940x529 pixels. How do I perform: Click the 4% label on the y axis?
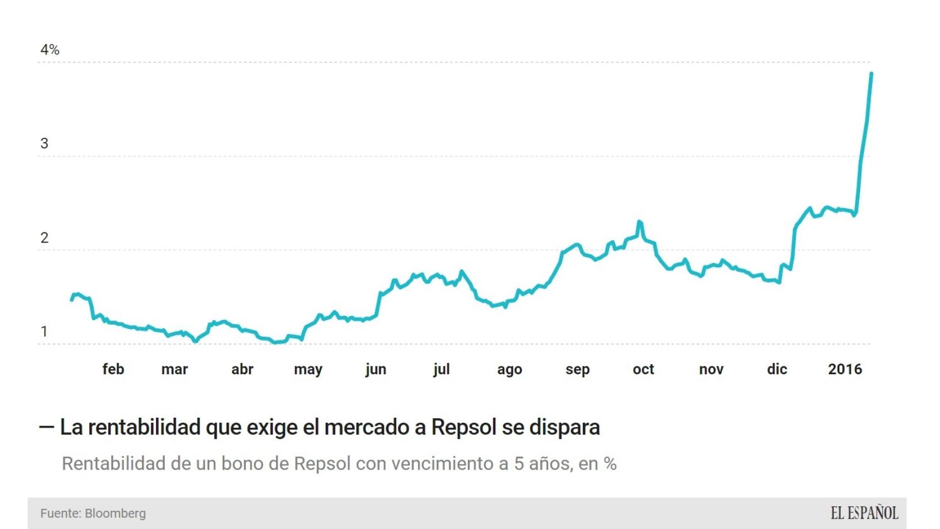50,50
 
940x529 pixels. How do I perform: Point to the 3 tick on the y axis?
44,144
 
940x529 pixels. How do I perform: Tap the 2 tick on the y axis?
44,238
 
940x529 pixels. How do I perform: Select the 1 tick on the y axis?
44,332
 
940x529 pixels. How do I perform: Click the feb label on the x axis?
113,369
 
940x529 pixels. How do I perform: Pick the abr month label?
242,369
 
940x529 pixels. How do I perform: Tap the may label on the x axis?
308,370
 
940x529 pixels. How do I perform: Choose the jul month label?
441,369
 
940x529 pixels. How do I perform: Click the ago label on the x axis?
509,370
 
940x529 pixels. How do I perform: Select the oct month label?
643,369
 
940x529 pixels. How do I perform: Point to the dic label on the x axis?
777,369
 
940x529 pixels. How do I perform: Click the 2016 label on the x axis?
845,369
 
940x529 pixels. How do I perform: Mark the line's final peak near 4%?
871,73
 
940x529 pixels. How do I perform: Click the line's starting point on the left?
72,300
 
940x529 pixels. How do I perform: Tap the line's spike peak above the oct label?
639,222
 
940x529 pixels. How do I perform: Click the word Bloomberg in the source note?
115,514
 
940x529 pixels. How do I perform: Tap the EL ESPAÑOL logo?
864,514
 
